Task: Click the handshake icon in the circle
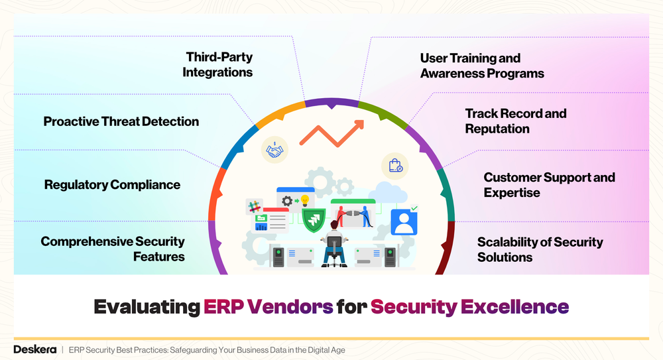[x=274, y=150]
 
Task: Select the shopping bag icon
[x=395, y=165]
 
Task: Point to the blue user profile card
[x=404, y=222]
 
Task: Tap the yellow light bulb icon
[x=305, y=200]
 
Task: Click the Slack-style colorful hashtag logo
[x=254, y=206]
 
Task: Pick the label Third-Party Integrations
[x=218, y=65]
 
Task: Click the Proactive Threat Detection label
[x=121, y=121]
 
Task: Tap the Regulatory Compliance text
[x=112, y=184]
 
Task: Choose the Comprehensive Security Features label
[x=113, y=249]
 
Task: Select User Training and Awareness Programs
[x=481, y=66]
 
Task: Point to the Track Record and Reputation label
[x=515, y=121]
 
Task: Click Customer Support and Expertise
[x=549, y=185]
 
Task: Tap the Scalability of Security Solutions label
[x=540, y=249]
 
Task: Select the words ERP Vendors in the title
[x=269, y=307]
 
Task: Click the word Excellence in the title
[x=514, y=307]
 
